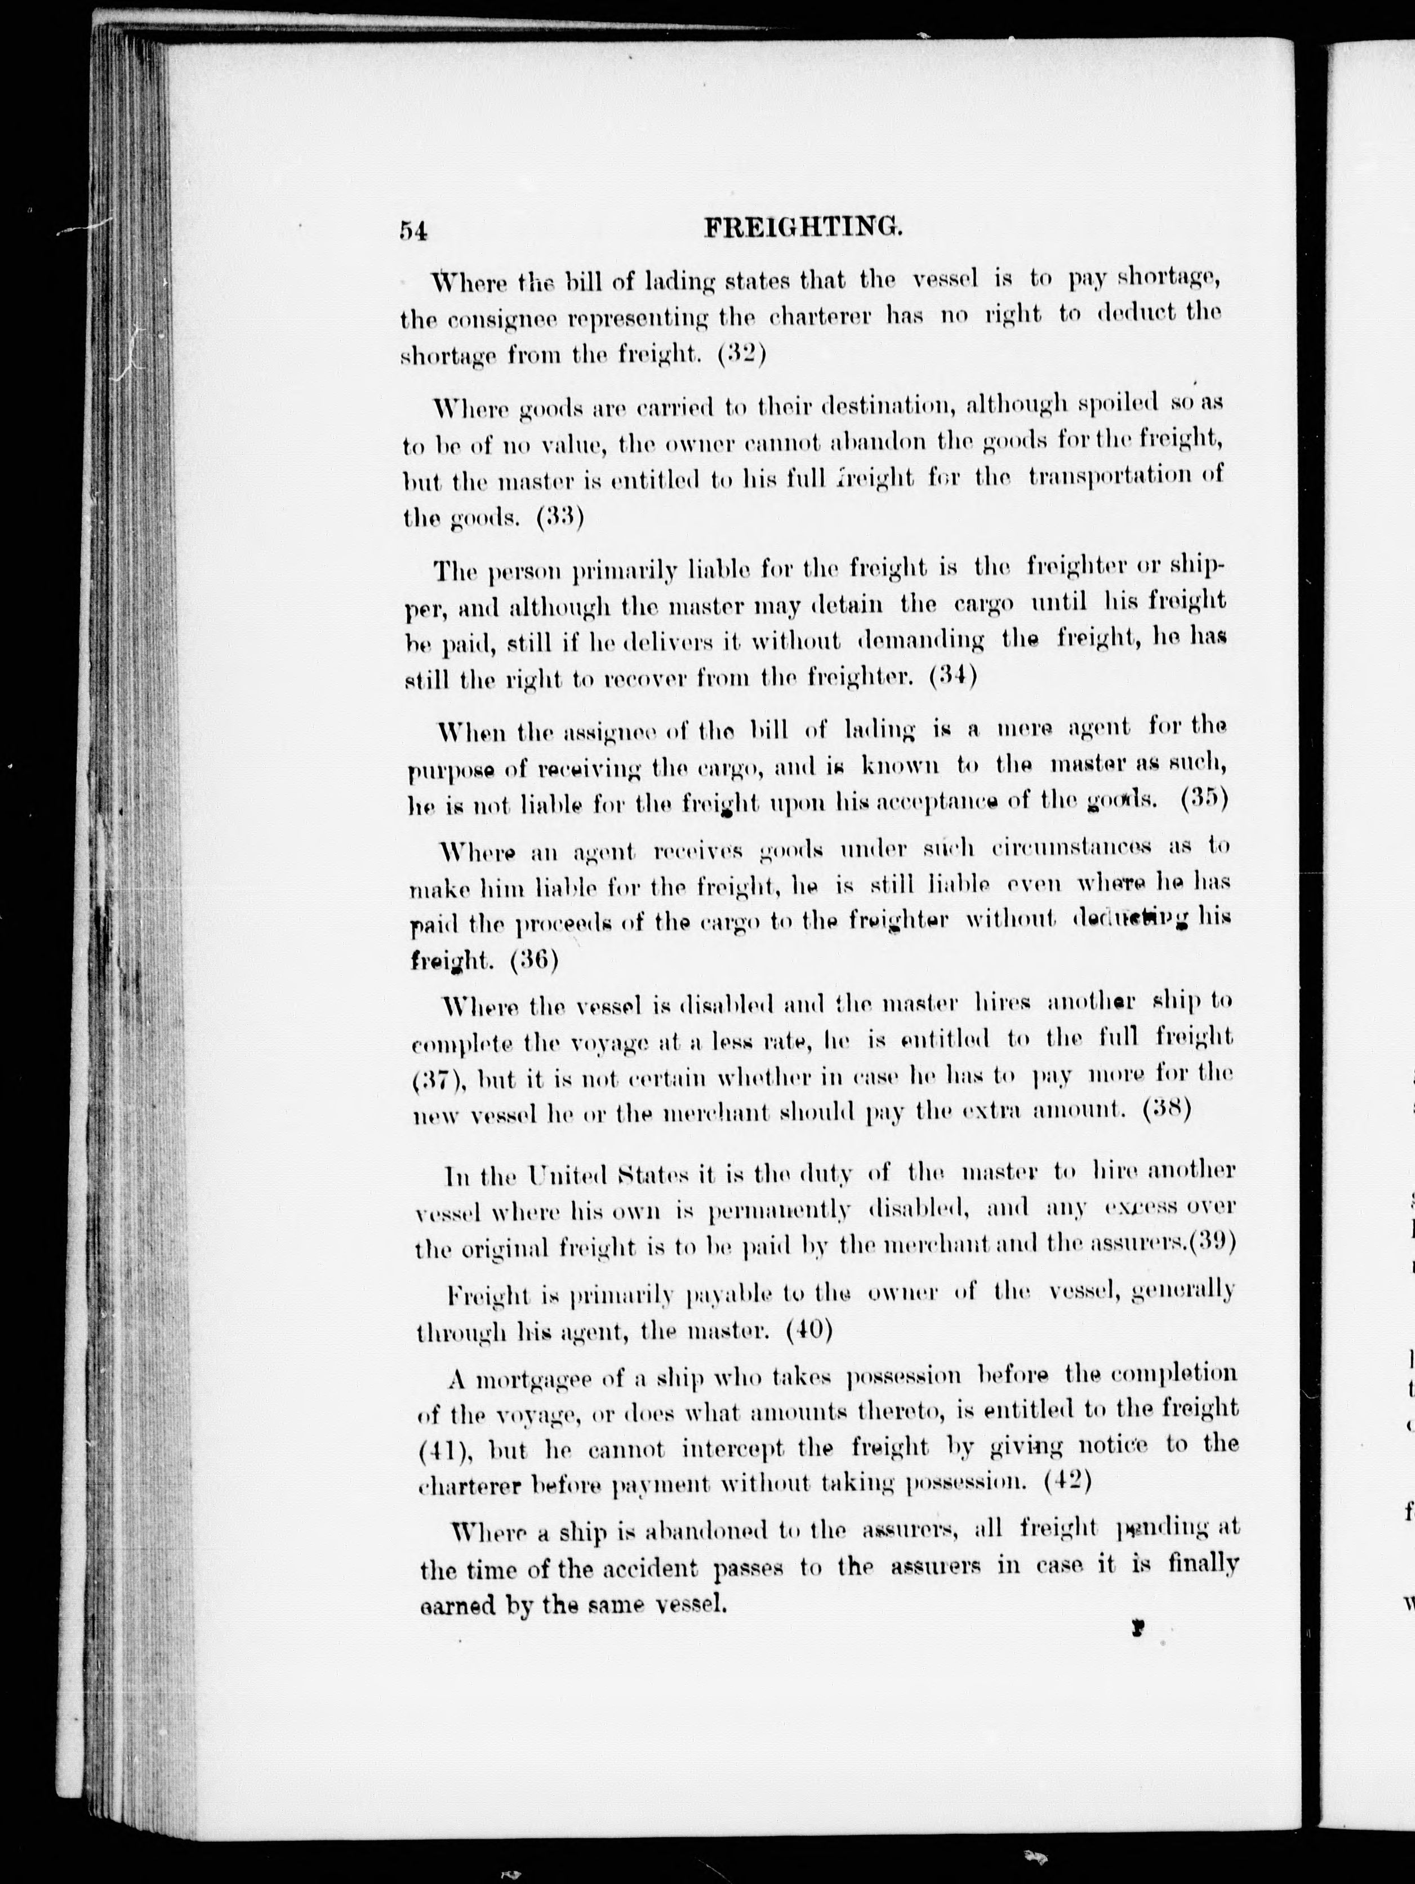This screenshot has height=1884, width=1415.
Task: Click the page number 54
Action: coord(414,231)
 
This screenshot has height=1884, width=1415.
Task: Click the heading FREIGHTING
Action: coord(803,228)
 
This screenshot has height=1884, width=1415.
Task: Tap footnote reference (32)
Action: coord(742,353)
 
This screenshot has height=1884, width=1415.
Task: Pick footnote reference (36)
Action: coord(534,960)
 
